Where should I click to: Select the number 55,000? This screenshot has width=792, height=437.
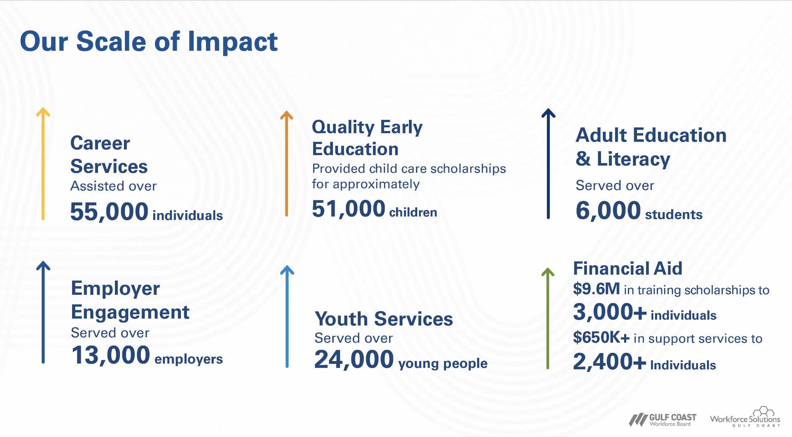coord(109,211)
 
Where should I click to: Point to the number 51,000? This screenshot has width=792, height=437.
coord(348,209)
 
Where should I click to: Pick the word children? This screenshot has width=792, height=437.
coord(413,212)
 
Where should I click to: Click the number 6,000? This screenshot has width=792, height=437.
coord(608,211)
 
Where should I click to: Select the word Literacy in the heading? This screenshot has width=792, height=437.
coord(633,159)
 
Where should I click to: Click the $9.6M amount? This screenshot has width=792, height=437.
coord(596,289)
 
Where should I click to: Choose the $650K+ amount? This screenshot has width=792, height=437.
coord(601,338)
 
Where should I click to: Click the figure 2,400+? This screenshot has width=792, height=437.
coord(609,362)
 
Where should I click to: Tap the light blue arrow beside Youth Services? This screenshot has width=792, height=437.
coord(287,317)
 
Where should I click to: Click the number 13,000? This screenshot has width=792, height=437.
coord(111,355)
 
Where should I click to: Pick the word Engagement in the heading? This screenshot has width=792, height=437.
coord(130,312)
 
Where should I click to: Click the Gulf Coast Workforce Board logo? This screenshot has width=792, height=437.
coord(663,420)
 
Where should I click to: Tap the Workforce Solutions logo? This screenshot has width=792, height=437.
coord(745,418)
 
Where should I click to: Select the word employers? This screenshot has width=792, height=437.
coord(188,359)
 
